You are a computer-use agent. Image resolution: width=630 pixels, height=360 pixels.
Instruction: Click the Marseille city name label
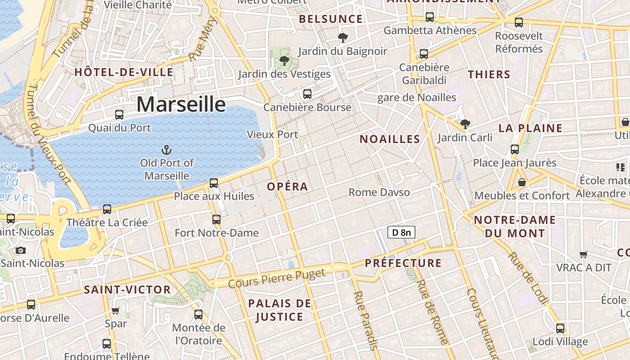(x=181, y=104)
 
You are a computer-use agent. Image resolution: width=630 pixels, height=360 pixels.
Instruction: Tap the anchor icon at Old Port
(x=167, y=149)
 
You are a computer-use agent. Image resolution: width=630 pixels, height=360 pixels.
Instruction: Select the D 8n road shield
(x=401, y=232)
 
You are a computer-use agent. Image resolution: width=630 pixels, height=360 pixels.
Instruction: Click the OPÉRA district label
(x=288, y=186)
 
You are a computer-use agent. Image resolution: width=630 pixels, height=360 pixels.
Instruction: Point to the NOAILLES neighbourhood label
(x=390, y=139)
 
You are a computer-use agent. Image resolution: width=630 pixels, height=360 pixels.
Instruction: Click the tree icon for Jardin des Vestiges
(x=284, y=60)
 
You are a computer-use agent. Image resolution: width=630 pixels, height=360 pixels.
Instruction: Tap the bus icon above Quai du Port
(x=119, y=115)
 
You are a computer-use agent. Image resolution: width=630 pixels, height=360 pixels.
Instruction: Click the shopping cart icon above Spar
(x=116, y=310)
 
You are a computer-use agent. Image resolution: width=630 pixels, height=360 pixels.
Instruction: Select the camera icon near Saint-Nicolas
(x=20, y=251)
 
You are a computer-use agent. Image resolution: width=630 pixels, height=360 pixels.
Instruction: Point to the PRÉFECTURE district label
(x=403, y=263)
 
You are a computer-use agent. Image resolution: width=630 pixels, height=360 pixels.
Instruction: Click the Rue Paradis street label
(x=365, y=320)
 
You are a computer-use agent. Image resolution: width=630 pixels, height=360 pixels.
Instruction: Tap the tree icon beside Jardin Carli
(x=465, y=124)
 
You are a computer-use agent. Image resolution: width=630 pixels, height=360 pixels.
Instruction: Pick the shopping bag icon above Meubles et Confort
(x=522, y=182)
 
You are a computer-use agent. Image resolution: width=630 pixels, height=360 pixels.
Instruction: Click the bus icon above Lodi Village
(x=560, y=328)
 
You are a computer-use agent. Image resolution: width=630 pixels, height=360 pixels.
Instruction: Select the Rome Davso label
(x=379, y=193)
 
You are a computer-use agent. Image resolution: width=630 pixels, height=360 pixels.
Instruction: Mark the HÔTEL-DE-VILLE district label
(x=124, y=72)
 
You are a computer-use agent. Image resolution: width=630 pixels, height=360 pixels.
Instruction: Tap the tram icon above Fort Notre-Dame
(x=216, y=220)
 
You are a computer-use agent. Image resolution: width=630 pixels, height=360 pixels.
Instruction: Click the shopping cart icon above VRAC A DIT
(x=584, y=255)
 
